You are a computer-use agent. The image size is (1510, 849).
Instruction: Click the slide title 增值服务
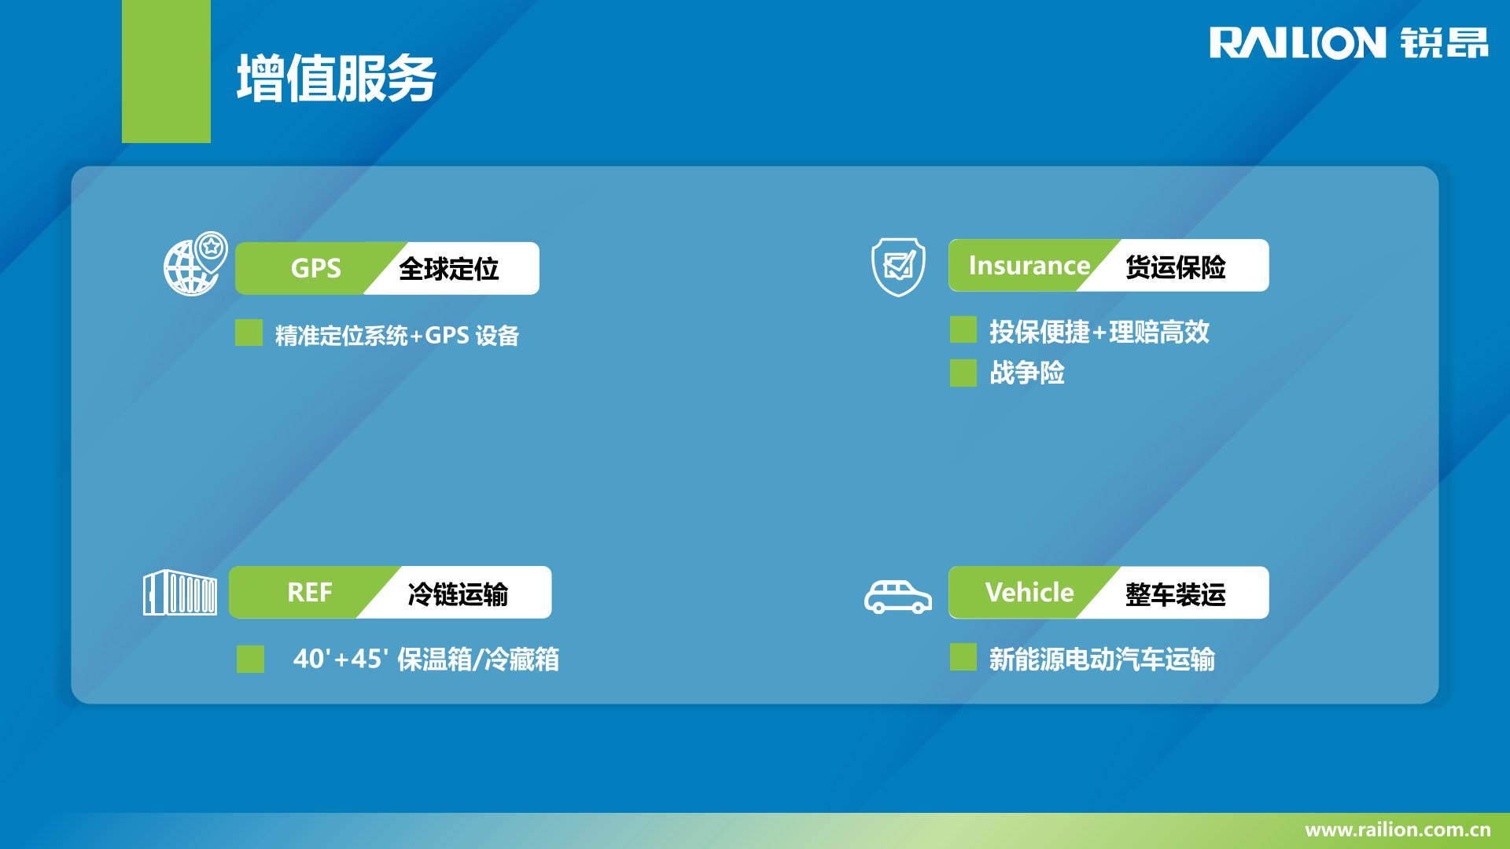[337, 79]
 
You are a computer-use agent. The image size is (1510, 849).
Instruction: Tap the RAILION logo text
[1298, 43]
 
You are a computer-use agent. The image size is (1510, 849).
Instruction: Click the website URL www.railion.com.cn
[1398, 829]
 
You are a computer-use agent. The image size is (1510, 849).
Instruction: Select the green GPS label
[316, 268]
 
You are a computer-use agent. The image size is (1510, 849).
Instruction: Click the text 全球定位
[448, 269]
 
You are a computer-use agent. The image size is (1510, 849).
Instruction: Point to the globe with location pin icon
[195, 263]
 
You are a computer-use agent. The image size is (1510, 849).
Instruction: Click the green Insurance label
[1029, 266]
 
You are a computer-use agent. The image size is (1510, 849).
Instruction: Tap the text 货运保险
[1175, 267]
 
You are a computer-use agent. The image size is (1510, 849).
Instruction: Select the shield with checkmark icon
[898, 267]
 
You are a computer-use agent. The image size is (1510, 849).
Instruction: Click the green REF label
[310, 592]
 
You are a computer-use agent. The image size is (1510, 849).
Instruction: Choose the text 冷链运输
[458, 594]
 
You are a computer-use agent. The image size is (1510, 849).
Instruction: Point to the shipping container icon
[180, 593]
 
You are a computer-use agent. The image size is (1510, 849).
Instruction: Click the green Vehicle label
[1029, 592]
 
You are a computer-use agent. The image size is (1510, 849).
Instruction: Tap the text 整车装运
[1175, 594]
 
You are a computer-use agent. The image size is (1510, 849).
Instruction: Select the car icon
[898, 597]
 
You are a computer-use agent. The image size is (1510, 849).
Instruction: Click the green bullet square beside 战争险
[963, 373]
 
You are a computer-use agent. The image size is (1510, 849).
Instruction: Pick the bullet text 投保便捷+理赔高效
[1099, 332]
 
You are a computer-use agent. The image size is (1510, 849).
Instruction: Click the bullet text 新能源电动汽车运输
[1102, 659]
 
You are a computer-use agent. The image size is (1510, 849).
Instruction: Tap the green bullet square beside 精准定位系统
[249, 333]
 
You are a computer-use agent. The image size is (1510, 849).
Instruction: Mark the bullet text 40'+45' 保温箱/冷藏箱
[426, 659]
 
